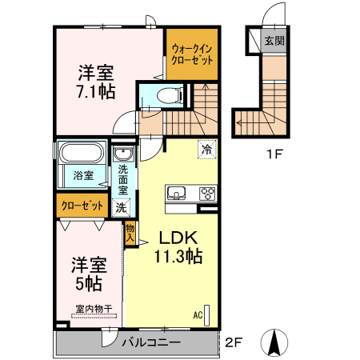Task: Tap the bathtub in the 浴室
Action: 82,153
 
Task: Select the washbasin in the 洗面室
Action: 123,154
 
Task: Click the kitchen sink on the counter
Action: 176,193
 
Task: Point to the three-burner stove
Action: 208,194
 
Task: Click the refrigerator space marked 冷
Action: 206,150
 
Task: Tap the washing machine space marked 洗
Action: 122,207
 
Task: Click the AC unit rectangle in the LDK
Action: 206,315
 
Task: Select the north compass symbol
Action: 274,342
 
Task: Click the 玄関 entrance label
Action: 274,41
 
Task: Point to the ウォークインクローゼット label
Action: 192,54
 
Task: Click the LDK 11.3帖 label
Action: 178,247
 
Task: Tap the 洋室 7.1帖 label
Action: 96,82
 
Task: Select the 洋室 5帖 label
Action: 89,274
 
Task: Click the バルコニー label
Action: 151,342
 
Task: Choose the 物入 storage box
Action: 130,233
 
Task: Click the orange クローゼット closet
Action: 82,206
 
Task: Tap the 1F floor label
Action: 274,154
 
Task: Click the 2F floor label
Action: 234,342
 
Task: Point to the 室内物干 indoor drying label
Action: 94,310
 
